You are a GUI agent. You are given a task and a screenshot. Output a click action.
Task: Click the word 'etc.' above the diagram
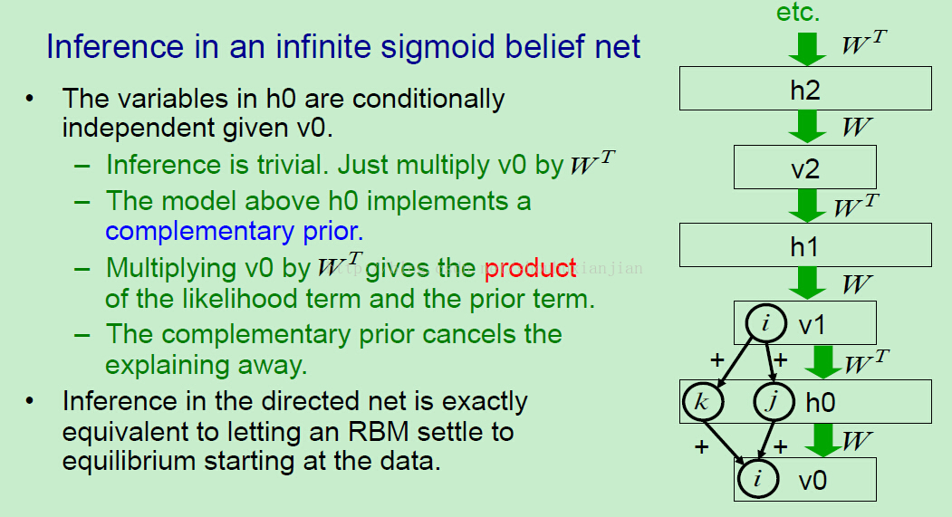798,12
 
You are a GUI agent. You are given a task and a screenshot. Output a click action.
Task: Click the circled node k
703,401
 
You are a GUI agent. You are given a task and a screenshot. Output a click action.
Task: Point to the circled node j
774,401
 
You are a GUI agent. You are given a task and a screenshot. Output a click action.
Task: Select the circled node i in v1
766,323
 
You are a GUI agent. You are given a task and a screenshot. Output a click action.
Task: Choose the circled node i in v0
758,478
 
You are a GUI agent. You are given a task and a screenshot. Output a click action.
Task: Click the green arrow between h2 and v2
807,127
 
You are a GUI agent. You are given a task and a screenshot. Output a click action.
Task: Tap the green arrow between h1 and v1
807,283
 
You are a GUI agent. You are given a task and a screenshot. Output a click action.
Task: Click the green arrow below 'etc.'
807,49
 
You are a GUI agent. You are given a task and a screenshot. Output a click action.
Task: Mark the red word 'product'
530,269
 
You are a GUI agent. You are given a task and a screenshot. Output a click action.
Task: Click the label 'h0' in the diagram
821,402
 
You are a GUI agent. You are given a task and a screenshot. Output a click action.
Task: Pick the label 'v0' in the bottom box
813,481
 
